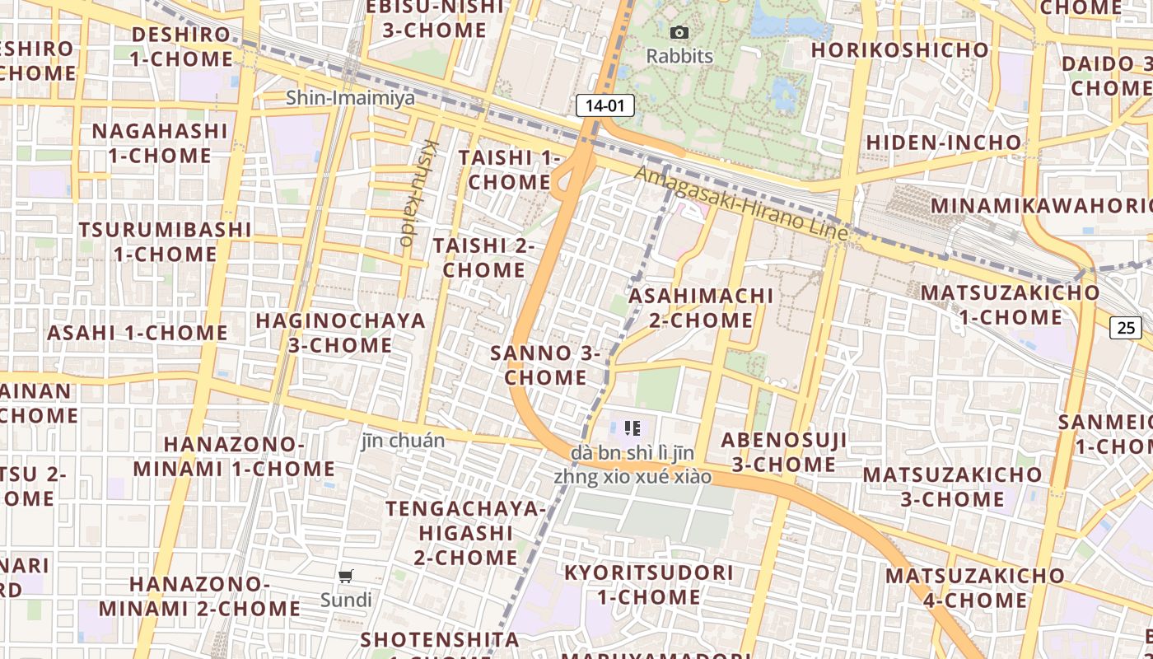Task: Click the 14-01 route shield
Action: coord(605,105)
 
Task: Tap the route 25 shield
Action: coord(1126,327)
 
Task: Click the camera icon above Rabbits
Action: coord(679,33)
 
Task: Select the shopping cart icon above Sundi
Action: coord(346,577)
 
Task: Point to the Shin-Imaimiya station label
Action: coord(350,98)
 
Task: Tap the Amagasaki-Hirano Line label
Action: coord(740,203)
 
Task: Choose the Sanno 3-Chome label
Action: coord(545,366)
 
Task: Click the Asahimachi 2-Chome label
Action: coord(701,307)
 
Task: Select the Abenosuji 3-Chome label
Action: coord(784,451)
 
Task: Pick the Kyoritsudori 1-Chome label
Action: coord(648,584)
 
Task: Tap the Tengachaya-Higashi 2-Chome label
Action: coord(465,532)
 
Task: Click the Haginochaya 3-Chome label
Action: coord(340,333)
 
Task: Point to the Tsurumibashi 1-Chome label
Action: coord(165,241)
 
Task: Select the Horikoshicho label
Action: coord(899,50)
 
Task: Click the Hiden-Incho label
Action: coord(943,143)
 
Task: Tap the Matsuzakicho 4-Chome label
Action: coord(975,587)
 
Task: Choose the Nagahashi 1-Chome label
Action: coord(159,143)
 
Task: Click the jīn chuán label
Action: coord(403,441)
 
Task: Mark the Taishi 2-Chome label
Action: coord(484,258)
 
